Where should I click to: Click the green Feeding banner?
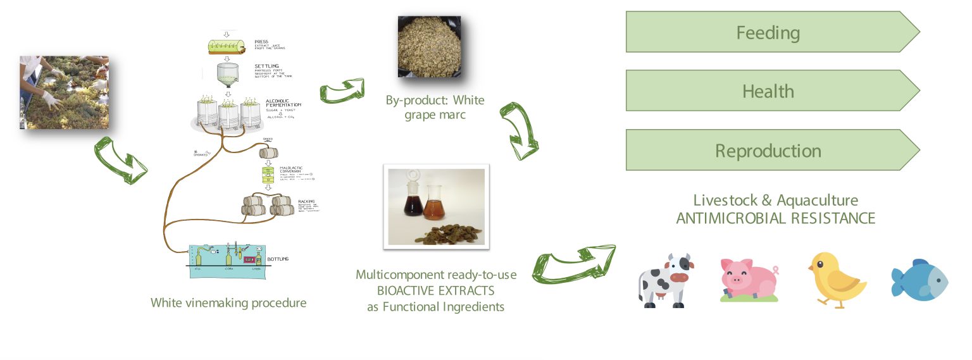point(767,32)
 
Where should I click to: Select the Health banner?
point(767,91)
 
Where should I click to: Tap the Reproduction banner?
point(767,151)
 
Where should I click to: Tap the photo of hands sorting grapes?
point(64,92)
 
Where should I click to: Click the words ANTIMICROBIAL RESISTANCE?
point(775,218)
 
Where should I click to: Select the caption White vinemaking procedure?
point(228,302)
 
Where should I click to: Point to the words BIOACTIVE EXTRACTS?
point(436,291)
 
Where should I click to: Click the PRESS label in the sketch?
point(262,41)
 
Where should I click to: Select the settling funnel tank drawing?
point(228,75)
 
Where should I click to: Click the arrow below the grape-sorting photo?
point(120,159)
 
